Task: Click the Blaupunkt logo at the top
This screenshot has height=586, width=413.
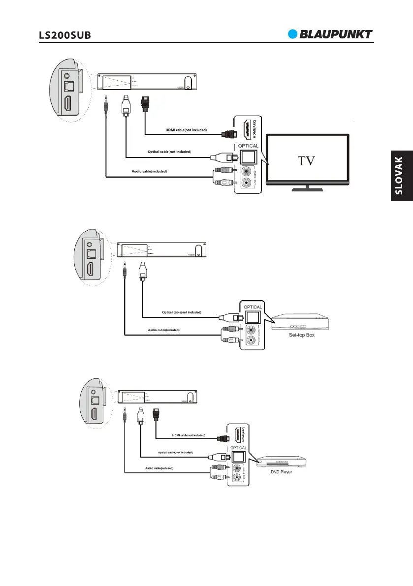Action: tap(330, 34)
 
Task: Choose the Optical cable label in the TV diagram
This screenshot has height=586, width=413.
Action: tap(169, 151)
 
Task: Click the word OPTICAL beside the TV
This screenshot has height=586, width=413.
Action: tap(249, 146)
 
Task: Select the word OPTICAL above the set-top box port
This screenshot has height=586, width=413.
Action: tap(253, 307)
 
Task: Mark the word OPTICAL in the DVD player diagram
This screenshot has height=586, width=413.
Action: tap(239, 448)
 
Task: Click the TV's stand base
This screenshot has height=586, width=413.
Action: tap(308, 188)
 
